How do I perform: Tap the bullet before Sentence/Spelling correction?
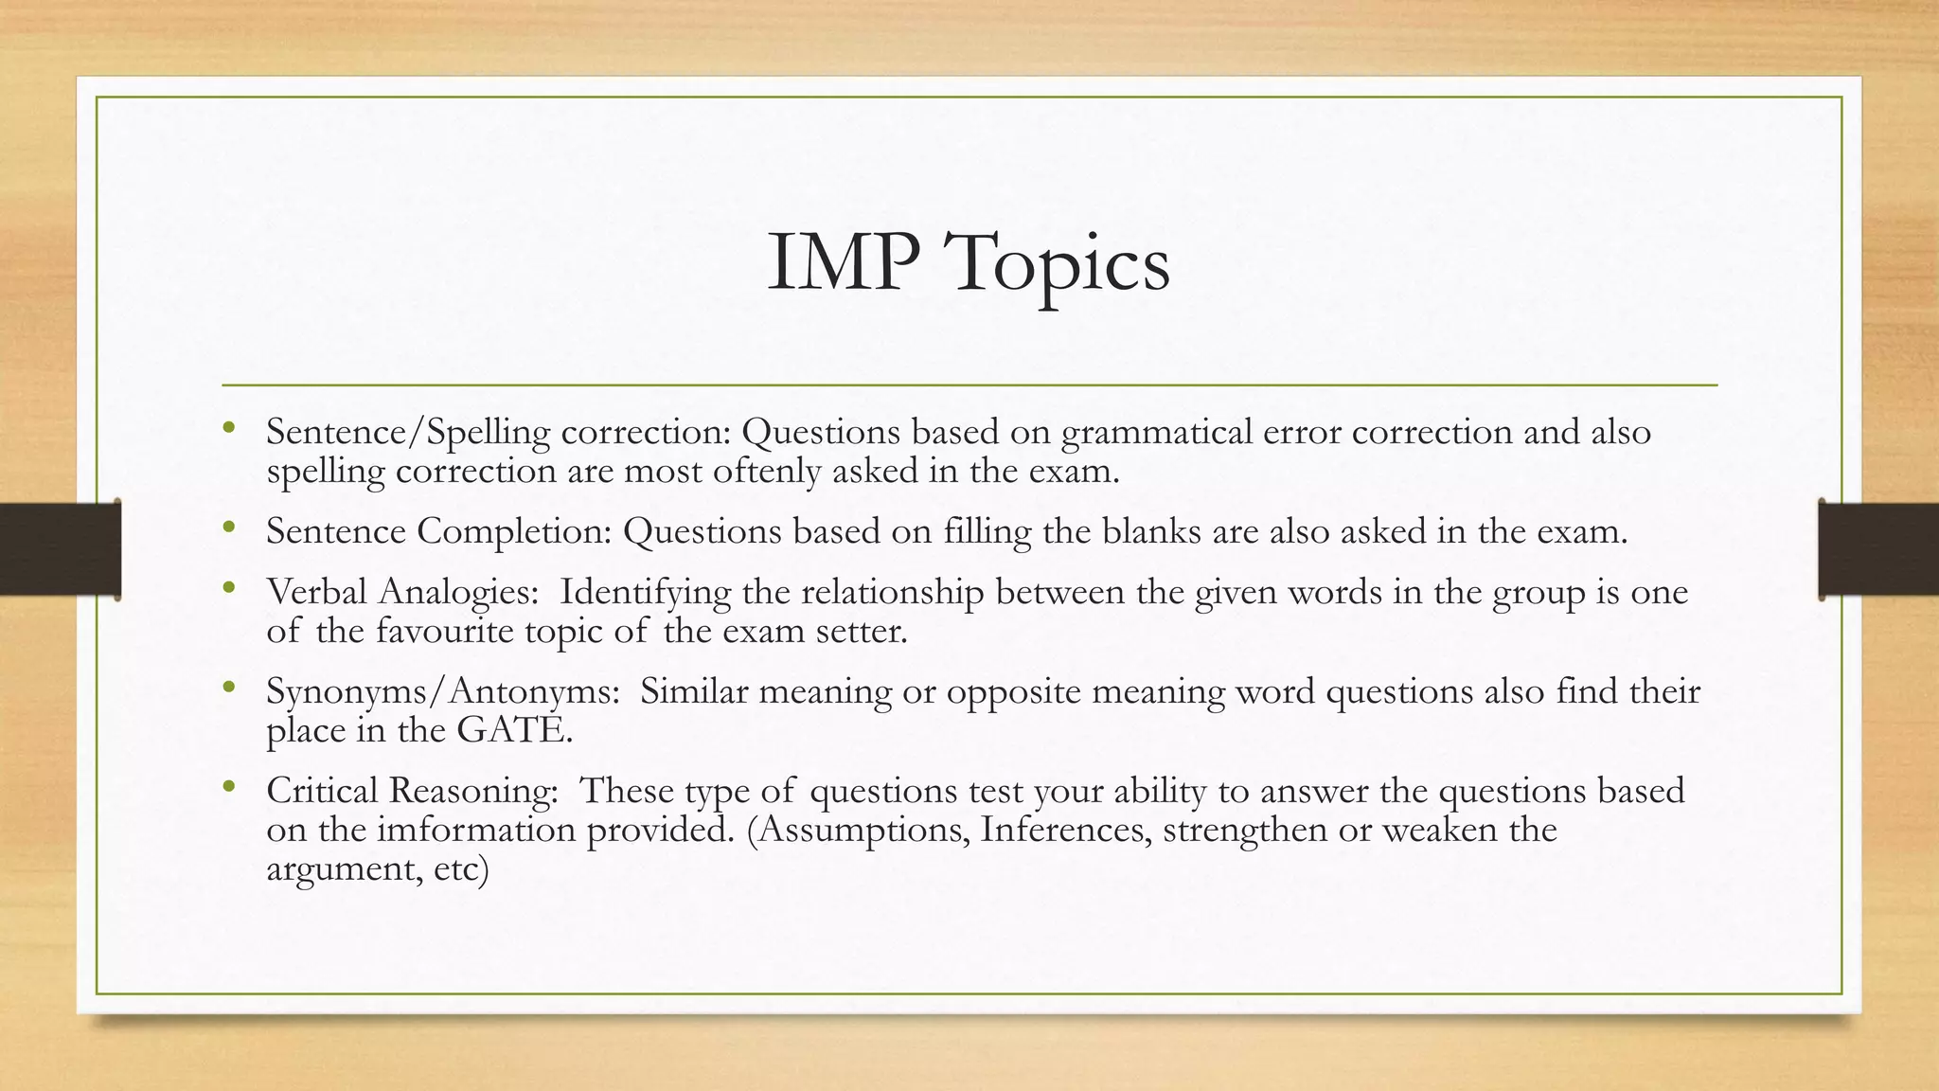tap(228, 429)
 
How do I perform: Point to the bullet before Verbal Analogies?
tap(228, 589)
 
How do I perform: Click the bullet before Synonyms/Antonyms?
tap(228, 689)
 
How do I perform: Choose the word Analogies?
tap(458, 593)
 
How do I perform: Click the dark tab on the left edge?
tap(60, 549)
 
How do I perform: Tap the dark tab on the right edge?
tap(1878, 549)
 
